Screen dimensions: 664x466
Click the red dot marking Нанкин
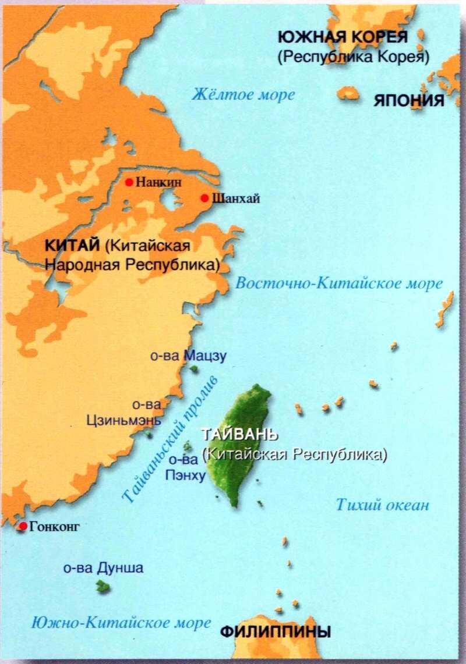point(129,182)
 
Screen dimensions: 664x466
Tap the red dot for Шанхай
point(204,198)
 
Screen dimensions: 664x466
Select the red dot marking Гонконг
point(23,527)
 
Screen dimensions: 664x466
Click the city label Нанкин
point(159,182)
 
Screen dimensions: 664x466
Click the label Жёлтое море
point(243,94)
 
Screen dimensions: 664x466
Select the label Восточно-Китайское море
point(339,284)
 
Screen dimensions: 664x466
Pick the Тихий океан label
point(382,505)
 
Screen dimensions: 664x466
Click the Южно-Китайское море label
point(121,623)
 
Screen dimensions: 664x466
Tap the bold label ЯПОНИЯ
point(409,100)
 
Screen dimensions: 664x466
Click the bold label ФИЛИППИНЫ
point(275,631)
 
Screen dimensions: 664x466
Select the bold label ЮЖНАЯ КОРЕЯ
point(343,37)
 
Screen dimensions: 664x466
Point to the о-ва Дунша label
point(103,569)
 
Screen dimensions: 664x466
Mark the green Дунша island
point(103,587)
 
